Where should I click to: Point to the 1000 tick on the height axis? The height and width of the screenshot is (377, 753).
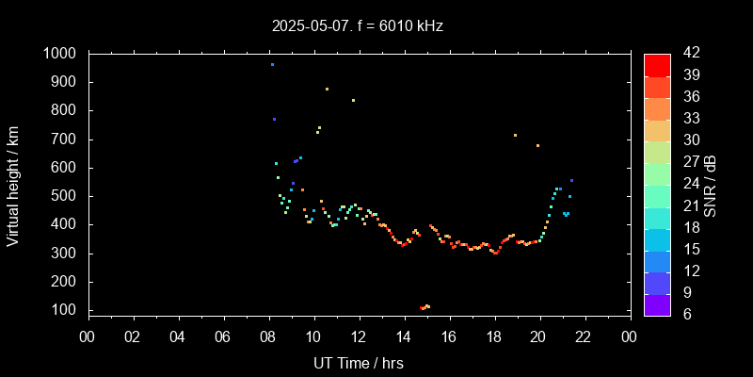[62, 54]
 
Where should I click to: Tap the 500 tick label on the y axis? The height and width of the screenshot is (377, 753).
[68, 196]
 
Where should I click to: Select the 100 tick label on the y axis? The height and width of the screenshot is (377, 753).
[68, 310]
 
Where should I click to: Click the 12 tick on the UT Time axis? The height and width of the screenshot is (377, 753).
[359, 336]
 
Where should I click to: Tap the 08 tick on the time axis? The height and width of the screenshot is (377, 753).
[268, 336]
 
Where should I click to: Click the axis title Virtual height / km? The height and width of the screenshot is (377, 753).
[13, 184]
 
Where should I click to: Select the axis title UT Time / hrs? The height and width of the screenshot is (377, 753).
[359, 362]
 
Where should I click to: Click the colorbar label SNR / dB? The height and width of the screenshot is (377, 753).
[711, 184]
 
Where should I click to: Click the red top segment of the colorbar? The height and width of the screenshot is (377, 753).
[657, 64]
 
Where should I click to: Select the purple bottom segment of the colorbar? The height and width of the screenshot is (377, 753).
[657, 304]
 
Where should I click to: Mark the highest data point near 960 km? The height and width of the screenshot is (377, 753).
[272, 65]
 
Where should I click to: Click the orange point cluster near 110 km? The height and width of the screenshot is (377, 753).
[425, 307]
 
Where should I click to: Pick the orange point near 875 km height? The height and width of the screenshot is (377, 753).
[327, 90]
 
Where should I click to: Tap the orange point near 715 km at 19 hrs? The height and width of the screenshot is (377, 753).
[515, 135]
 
